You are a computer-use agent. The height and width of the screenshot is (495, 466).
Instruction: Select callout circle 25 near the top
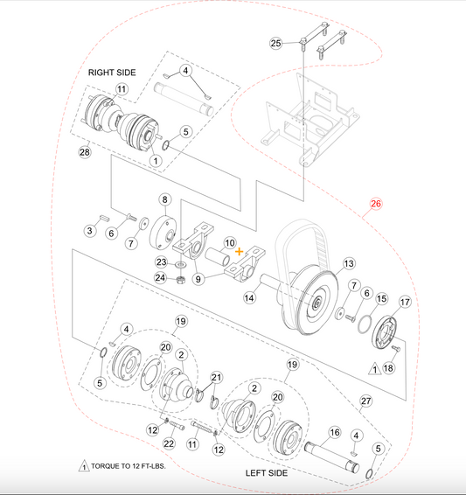(x=275, y=43)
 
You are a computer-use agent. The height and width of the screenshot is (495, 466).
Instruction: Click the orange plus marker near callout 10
(x=240, y=251)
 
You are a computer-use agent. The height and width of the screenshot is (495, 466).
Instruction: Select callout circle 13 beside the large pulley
(x=348, y=263)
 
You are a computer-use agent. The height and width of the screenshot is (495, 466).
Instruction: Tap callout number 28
(x=85, y=152)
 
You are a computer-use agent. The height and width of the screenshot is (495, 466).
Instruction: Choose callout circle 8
(x=163, y=201)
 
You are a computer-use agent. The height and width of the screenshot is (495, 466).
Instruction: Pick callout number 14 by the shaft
(x=249, y=298)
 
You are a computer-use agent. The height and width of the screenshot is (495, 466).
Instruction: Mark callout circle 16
(x=333, y=433)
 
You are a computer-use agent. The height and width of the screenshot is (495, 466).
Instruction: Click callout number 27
(x=365, y=401)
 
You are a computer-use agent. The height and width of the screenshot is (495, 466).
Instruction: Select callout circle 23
(x=161, y=261)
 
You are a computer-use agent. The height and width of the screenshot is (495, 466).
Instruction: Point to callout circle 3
(x=90, y=231)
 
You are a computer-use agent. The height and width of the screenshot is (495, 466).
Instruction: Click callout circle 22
(x=169, y=444)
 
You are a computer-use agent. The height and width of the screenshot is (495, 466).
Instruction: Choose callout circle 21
(x=217, y=377)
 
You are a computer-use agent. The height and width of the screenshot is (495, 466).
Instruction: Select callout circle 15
(x=380, y=298)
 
